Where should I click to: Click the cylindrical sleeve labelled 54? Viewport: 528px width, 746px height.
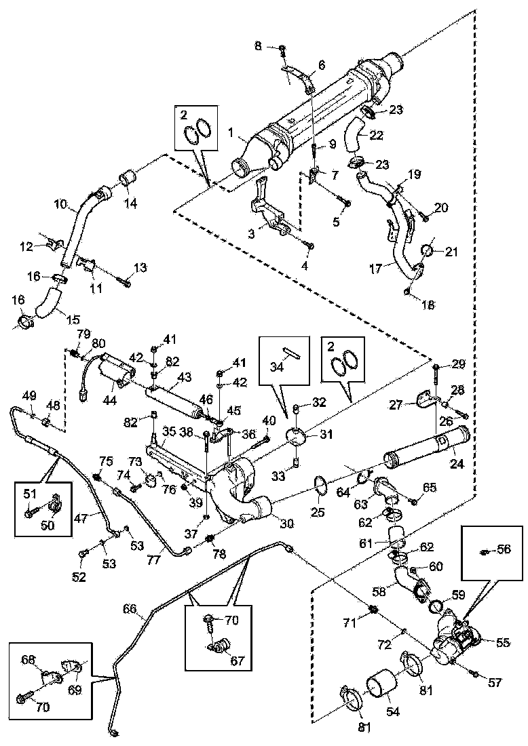[x=385, y=684]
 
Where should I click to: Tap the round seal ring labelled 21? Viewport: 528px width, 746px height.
[x=429, y=251]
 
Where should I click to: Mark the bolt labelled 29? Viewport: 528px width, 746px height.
[x=434, y=370]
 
